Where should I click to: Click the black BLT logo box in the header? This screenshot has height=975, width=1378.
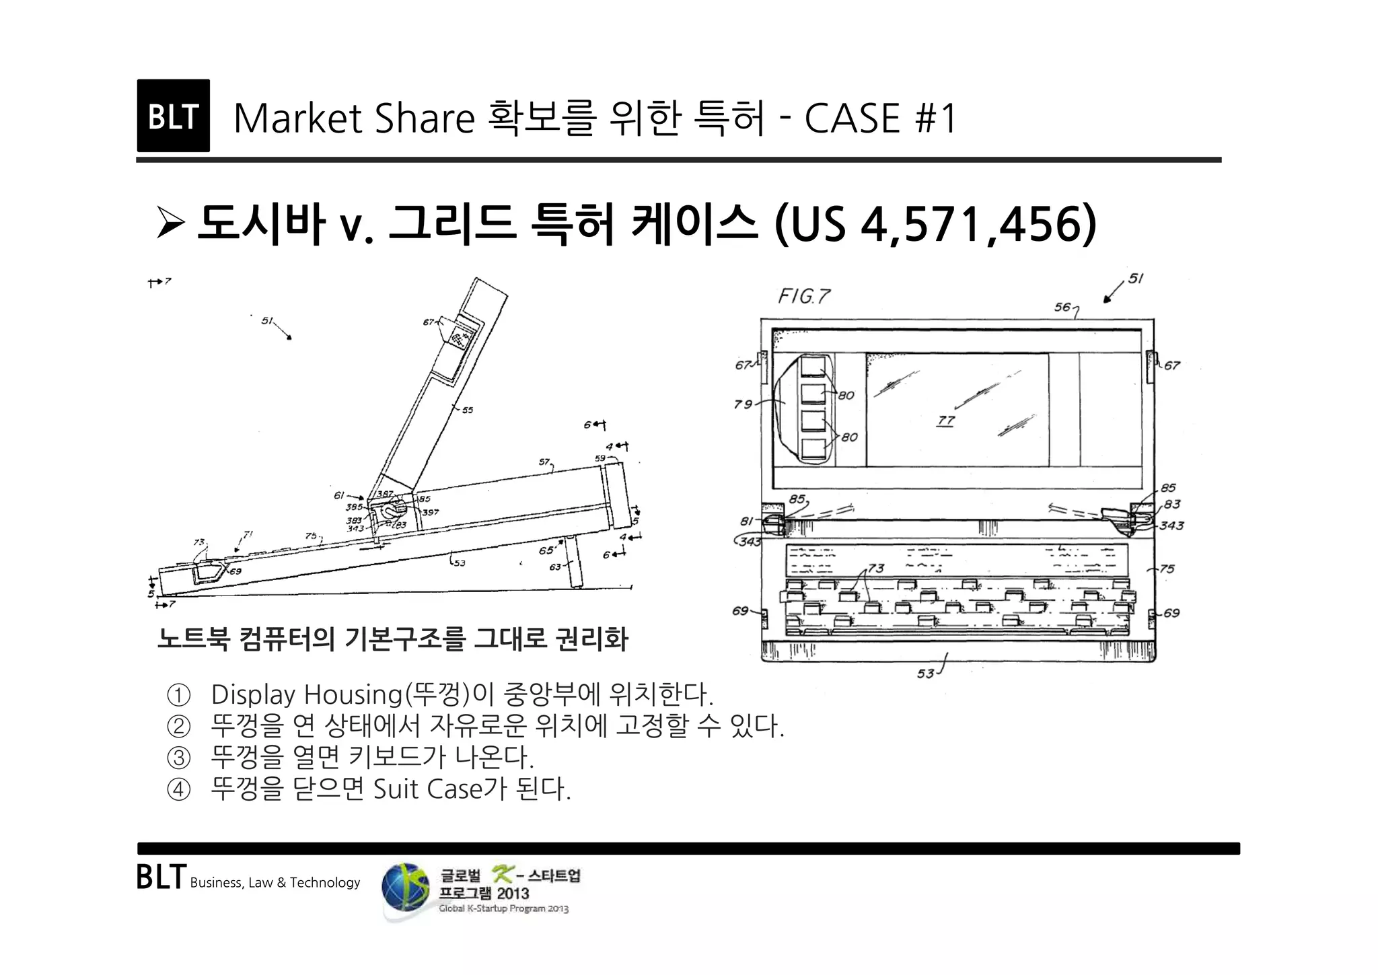click(173, 116)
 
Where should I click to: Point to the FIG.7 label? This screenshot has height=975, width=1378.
click(804, 296)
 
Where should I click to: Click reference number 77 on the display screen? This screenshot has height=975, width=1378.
click(946, 421)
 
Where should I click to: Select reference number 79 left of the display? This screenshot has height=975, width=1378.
click(743, 404)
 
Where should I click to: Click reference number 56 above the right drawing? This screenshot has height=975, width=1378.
click(1062, 307)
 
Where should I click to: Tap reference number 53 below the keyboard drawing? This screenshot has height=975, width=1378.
click(926, 673)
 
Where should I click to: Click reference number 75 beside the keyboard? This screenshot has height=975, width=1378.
click(1167, 569)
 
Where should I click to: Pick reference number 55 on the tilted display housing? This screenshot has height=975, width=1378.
click(467, 410)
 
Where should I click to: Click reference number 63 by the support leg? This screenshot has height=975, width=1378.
click(555, 567)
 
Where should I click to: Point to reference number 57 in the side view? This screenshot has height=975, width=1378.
click(544, 462)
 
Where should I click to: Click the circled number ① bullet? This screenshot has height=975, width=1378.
click(178, 694)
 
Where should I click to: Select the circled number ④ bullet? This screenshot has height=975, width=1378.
click(178, 789)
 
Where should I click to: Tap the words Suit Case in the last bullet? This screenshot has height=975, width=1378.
click(428, 789)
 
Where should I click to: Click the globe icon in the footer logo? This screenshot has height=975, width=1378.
click(405, 889)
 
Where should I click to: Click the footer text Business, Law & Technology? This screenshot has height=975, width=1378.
click(275, 883)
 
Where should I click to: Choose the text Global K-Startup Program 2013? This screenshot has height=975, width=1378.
click(503, 909)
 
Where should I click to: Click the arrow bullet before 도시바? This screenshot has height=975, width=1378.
click(170, 224)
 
